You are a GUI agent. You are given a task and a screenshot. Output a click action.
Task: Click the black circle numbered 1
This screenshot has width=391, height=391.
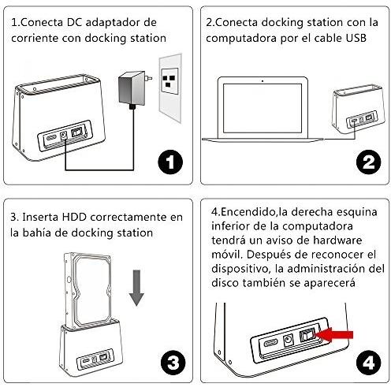pos(170,162)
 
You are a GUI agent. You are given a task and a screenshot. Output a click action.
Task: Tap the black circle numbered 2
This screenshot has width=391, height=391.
pos(368,162)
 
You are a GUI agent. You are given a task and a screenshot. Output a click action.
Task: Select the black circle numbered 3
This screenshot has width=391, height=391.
pos(173,363)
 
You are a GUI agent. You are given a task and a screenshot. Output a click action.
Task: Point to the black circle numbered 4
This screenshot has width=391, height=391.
pos(368,363)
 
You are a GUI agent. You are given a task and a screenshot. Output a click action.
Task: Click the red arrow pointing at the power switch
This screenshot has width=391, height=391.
pos(333,335)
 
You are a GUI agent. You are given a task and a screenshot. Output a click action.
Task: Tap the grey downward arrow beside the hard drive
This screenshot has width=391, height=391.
pos(136,288)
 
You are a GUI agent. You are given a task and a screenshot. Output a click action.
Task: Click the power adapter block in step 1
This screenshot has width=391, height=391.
pos(132,88)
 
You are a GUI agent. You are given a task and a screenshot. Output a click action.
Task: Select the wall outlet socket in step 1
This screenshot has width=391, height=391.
pos(169,81)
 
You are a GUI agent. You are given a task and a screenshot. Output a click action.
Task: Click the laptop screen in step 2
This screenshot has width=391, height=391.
pos(263,108)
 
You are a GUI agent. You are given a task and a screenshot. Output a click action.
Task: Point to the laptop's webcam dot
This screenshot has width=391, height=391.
pos(263,81)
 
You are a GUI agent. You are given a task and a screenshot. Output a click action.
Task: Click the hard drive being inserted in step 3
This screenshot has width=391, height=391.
pos(88,290)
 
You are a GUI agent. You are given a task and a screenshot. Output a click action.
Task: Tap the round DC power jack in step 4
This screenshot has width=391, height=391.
pos(289,340)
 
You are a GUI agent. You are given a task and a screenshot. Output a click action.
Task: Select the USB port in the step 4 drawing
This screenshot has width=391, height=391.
pos(270,343)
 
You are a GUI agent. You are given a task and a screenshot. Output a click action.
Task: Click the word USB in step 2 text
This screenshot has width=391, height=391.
pos(356,38)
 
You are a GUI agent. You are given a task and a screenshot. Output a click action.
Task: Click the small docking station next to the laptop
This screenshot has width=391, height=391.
pos(359,108)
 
